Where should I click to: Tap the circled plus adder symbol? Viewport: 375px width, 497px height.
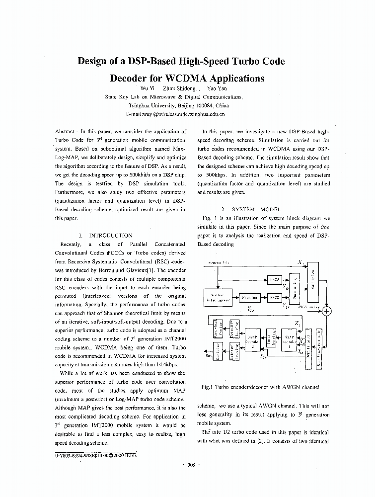[326, 312]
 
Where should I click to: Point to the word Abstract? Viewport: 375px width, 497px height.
[65, 132]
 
